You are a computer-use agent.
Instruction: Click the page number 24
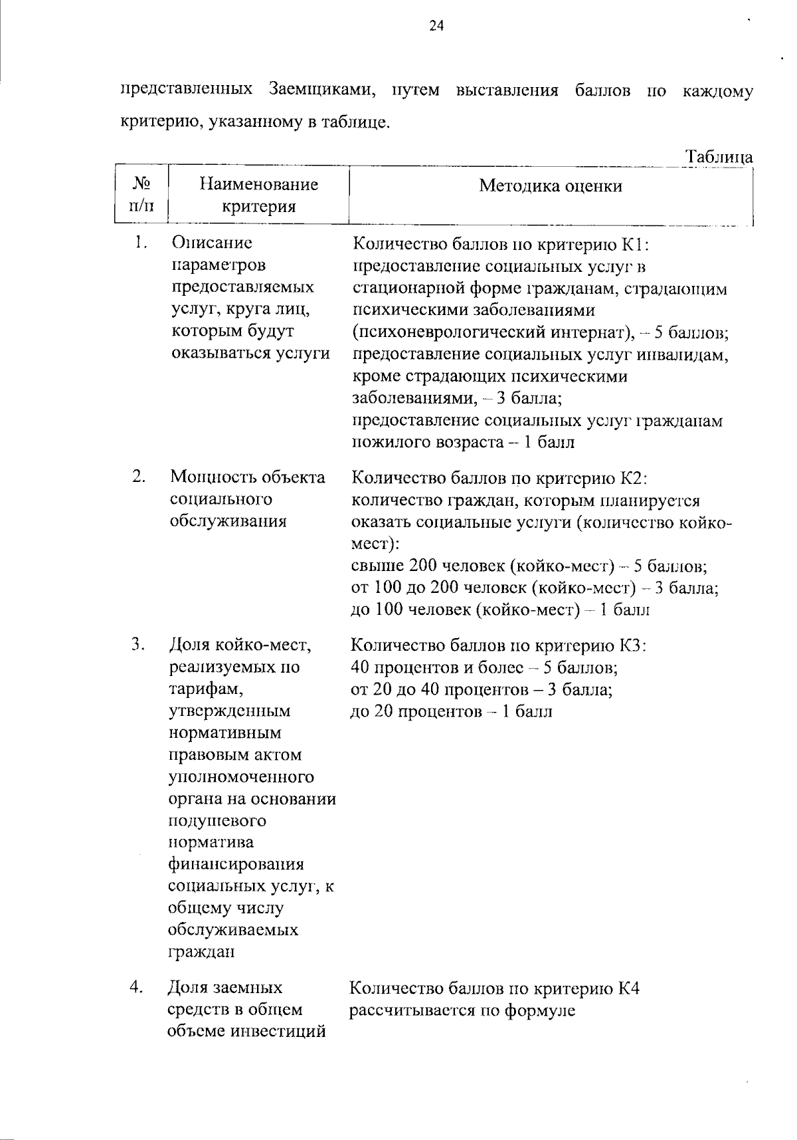pyautogui.click(x=436, y=25)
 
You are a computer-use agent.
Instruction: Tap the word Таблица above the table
pyautogui.click(x=719, y=157)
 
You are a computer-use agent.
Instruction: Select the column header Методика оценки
pyautogui.click(x=551, y=185)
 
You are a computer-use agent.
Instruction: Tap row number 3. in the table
pyautogui.click(x=138, y=643)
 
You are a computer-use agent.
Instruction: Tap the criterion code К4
pyautogui.click(x=628, y=988)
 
